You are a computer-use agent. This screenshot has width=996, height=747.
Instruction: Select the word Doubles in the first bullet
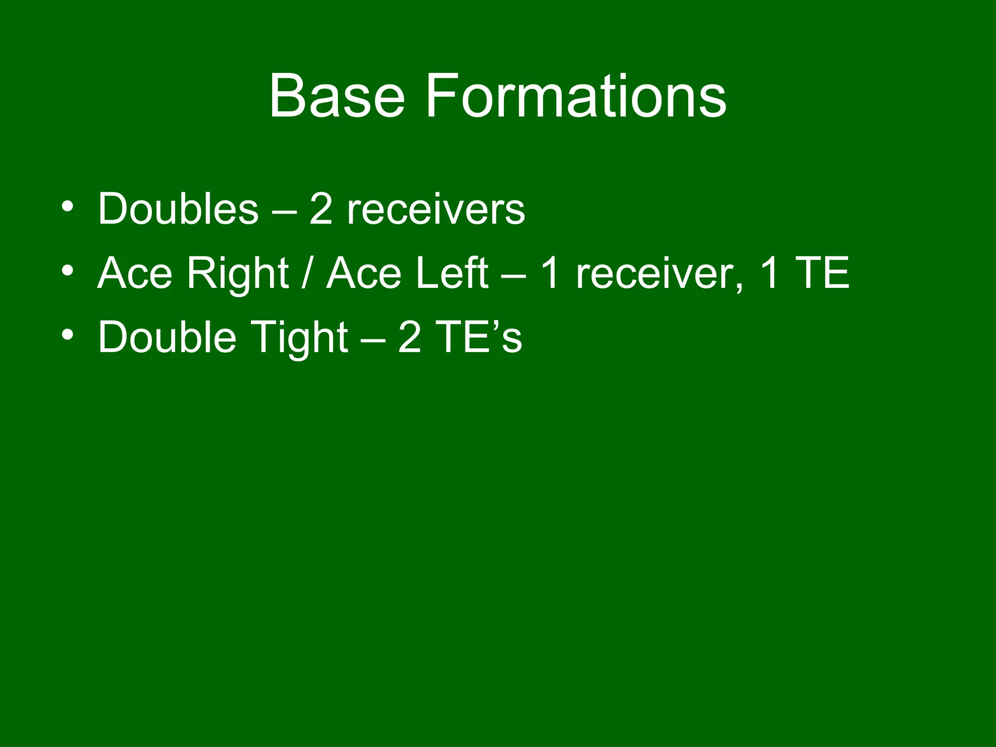[x=178, y=209]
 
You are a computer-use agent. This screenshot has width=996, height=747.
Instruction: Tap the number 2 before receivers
[x=321, y=209]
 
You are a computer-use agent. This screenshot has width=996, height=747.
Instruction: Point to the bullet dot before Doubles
[x=68, y=206]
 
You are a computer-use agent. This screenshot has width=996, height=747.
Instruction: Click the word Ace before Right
[x=135, y=273]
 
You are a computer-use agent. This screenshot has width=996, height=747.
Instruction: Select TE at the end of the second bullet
[x=821, y=273]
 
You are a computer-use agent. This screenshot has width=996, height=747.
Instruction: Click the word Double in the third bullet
[x=167, y=337]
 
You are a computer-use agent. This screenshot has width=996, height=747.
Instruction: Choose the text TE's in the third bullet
[x=479, y=337]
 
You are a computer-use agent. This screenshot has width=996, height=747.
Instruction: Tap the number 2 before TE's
[x=409, y=337]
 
